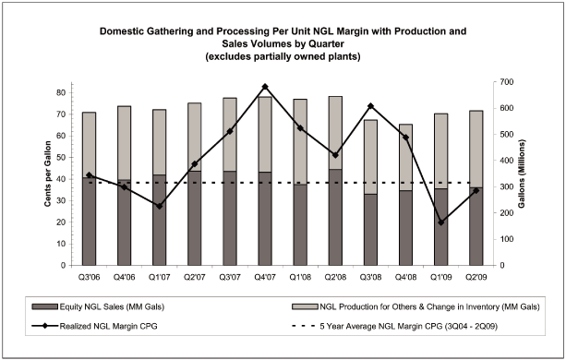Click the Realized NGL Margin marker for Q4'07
point(265,87)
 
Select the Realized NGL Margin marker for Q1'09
point(441,222)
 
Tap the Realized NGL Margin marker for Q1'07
point(159,206)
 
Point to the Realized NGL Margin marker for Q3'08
point(370,106)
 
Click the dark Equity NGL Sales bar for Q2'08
point(335,217)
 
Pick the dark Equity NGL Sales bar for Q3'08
point(370,230)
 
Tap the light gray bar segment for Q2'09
point(476,149)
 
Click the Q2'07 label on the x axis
point(195,278)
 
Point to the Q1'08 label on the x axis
point(300,278)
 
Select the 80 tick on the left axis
point(61,92)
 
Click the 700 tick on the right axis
point(506,82)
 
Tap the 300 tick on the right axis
point(506,186)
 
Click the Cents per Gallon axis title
point(48,174)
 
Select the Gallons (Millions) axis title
point(522,174)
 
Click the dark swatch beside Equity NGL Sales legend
point(44,307)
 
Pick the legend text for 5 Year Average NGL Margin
point(409,327)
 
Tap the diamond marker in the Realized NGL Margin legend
point(44,326)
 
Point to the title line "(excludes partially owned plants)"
point(283,56)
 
